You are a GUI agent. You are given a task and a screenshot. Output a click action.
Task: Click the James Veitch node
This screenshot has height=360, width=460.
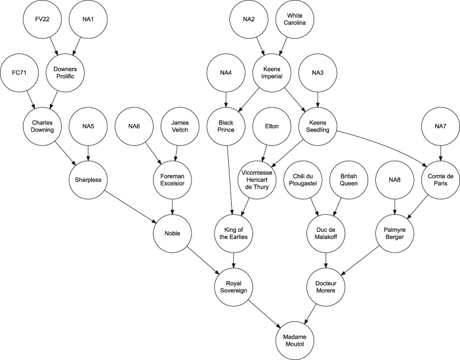coord(180,126)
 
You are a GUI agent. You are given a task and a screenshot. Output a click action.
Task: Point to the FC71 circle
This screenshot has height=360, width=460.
coord(21,74)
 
